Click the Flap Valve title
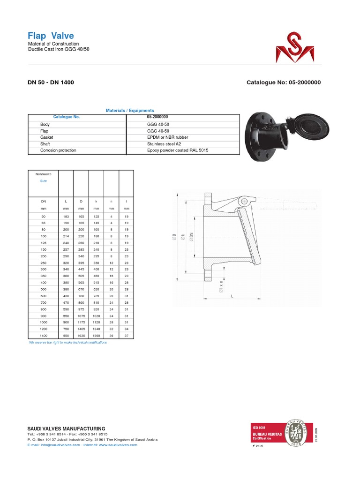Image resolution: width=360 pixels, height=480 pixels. (x=51, y=36)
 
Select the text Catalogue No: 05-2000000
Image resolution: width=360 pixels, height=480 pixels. (x=283, y=82)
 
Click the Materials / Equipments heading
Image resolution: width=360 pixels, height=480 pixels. (x=130, y=110)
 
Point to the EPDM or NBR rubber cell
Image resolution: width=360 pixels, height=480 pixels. (x=167, y=137)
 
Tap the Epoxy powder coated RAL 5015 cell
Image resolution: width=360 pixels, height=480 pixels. (x=178, y=150)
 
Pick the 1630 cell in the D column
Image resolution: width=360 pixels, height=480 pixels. (x=81, y=336)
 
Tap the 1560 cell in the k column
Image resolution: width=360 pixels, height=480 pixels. (x=96, y=336)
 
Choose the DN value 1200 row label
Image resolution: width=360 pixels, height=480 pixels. (x=44, y=330)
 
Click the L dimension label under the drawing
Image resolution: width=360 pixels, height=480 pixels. (x=232, y=297)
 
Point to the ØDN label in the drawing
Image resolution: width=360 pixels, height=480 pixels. (x=191, y=237)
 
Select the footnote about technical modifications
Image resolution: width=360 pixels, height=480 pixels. (x=68, y=343)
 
